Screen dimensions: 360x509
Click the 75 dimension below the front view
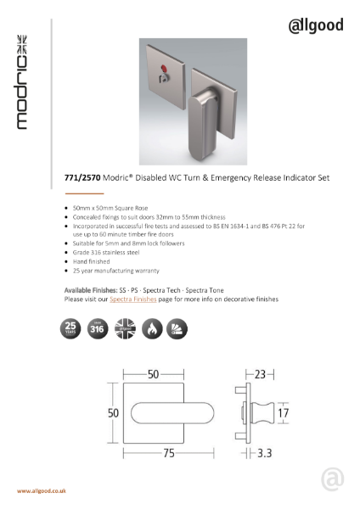[169, 455]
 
